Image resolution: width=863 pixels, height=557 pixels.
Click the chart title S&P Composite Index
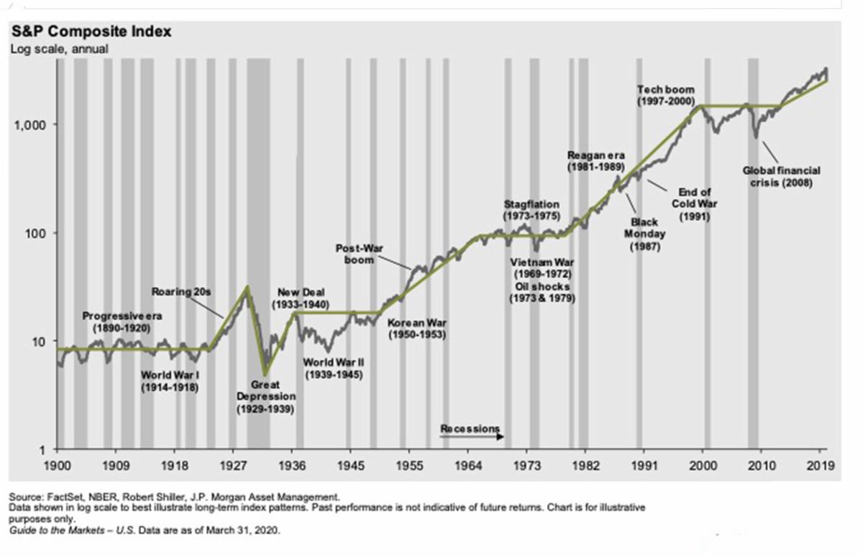(90, 32)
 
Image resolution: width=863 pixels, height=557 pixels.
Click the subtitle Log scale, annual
(58, 49)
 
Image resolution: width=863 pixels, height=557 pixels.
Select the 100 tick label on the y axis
(35, 234)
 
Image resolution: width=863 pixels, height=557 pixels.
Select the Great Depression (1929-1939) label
(265, 397)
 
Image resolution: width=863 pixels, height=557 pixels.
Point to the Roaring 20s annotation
(181, 292)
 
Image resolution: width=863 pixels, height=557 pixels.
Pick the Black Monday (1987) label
(644, 234)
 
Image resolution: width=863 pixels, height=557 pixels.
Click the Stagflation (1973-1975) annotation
(531, 210)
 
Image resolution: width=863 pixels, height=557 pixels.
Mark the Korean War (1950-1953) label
(417, 328)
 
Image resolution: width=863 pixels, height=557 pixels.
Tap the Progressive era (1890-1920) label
(122, 321)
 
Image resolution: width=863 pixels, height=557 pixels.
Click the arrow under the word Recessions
(496, 436)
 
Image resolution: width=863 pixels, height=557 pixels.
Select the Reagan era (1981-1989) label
(596, 160)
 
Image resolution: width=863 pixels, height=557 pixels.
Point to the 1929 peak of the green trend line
(248, 286)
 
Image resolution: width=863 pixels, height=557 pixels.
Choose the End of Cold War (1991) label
(695, 203)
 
